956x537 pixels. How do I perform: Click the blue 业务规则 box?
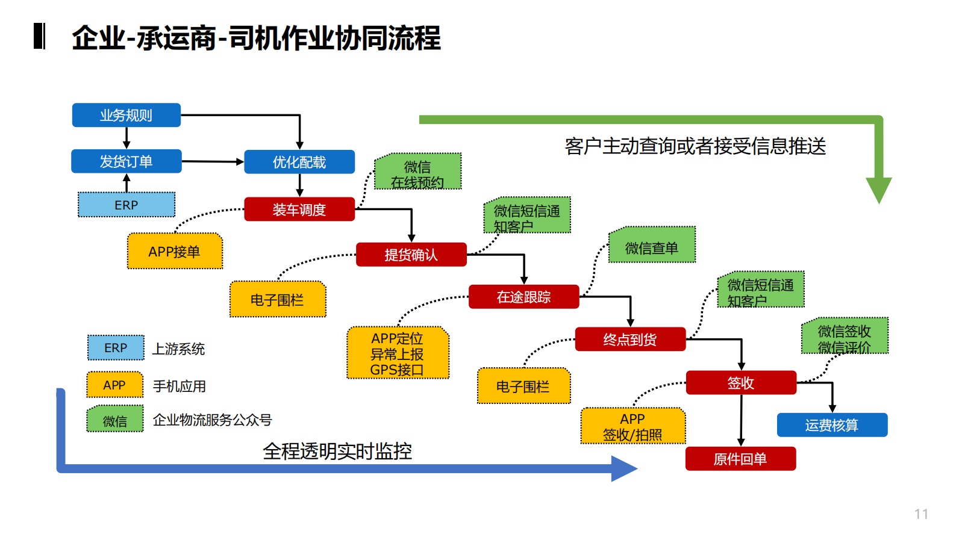tap(126, 115)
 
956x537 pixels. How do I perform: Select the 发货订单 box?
tap(126, 161)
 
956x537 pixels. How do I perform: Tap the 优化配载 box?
tap(299, 162)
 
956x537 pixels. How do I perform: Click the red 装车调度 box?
tap(299, 210)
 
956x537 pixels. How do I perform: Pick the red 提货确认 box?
tap(411, 255)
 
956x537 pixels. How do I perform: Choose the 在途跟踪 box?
tap(523, 297)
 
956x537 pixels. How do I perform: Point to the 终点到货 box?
tap(630, 340)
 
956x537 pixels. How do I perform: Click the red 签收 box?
tap(740, 383)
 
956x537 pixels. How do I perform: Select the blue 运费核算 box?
tap(831, 425)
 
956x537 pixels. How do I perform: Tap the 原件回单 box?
tap(740, 459)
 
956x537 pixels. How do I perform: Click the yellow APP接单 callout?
tap(175, 251)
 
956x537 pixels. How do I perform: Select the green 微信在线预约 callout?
tap(417, 172)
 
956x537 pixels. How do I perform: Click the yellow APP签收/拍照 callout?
tap(633, 426)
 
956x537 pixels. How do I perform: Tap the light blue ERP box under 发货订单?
tap(127, 205)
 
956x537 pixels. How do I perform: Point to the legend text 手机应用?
tap(180, 386)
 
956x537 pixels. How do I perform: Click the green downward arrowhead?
tap(878, 190)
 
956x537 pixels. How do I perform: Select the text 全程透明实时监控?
tap(337, 451)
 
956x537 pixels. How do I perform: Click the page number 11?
tap(920, 514)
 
